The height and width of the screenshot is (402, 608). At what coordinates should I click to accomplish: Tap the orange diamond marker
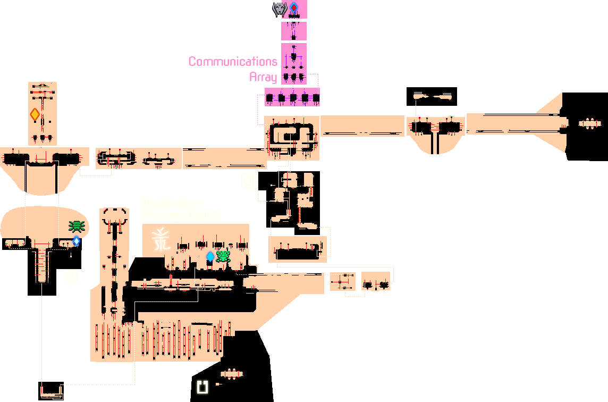tap(35, 114)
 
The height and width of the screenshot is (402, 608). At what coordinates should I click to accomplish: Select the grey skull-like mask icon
tap(280, 9)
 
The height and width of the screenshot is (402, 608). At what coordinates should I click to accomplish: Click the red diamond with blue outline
tap(293, 8)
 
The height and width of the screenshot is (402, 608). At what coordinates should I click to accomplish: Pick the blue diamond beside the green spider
tap(77, 241)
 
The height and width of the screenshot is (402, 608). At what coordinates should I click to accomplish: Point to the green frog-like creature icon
tap(223, 257)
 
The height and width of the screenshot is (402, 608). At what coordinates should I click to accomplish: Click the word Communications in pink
tap(233, 62)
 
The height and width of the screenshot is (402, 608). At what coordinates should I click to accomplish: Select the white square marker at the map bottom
tap(202, 387)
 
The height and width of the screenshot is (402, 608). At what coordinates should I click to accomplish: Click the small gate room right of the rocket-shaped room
tap(589, 123)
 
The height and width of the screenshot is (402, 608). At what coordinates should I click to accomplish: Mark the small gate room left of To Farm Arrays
tap(231, 374)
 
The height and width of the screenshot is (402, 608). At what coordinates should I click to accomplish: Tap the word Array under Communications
tap(263, 77)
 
